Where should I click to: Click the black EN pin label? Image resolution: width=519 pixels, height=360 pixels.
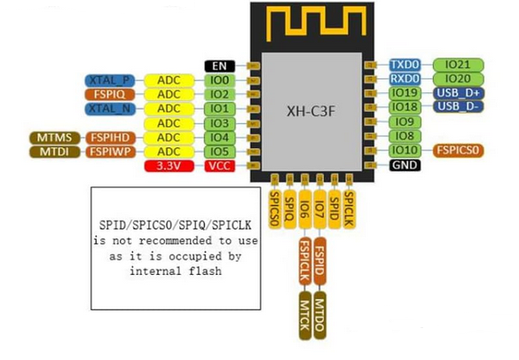pyautogui.click(x=220, y=67)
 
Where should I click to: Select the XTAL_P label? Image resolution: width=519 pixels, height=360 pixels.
pyautogui.click(x=110, y=81)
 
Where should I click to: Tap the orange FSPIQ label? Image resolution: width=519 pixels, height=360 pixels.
pyautogui.click(x=110, y=94)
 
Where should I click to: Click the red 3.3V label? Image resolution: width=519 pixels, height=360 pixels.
pyautogui.click(x=169, y=166)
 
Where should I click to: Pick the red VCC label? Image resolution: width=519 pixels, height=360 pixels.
pyautogui.click(x=220, y=166)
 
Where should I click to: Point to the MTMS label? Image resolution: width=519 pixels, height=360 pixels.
pyautogui.click(x=55, y=137)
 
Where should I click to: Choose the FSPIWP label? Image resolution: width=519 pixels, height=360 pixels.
pyautogui.click(x=111, y=152)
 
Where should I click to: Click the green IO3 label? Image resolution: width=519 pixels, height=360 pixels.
pyautogui.click(x=220, y=123)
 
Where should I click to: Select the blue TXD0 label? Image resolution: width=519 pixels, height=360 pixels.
pyautogui.click(x=405, y=65)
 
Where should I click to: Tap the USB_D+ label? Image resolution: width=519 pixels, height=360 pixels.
pyautogui.click(x=459, y=93)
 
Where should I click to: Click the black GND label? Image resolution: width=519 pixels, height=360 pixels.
pyautogui.click(x=405, y=165)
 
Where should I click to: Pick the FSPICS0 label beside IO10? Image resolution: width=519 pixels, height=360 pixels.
pyautogui.click(x=459, y=150)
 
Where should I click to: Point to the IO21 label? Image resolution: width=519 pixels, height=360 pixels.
pyautogui.click(x=459, y=65)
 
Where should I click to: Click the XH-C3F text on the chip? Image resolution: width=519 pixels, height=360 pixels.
pyautogui.click(x=311, y=112)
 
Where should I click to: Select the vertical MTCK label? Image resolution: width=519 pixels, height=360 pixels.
pyautogui.click(x=305, y=316)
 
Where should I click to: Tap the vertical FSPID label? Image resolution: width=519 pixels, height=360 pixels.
pyautogui.click(x=319, y=262)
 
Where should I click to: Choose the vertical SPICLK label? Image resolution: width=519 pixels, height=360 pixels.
pyautogui.click(x=350, y=209)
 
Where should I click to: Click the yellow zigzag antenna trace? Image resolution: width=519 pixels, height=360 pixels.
pyautogui.click(x=317, y=21)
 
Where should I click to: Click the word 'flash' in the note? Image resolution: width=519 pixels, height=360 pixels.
pyautogui.click(x=205, y=271)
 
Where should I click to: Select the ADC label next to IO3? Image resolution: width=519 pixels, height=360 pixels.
pyautogui.click(x=169, y=123)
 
